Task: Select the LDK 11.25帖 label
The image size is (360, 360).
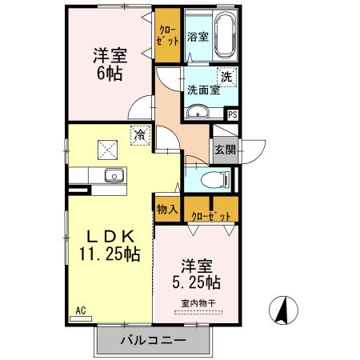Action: [110, 245]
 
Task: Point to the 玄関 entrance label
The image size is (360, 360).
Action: [224, 149]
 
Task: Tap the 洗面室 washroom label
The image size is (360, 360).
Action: [203, 90]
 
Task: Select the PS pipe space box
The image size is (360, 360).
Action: [232, 114]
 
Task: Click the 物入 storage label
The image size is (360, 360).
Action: [166, 209]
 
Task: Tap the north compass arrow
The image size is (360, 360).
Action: [282, 309]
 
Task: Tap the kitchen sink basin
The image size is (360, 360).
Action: [112, 175]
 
